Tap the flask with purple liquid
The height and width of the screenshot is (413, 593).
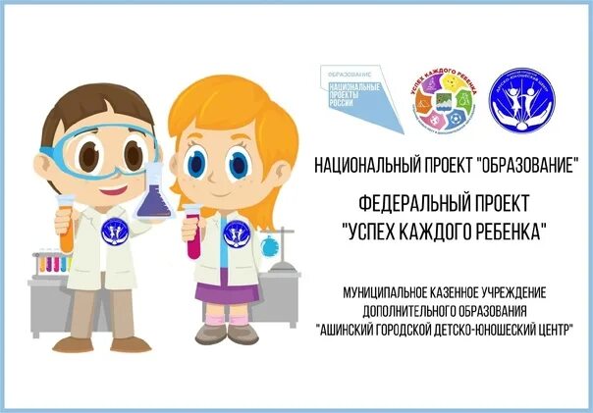tap(154, 196)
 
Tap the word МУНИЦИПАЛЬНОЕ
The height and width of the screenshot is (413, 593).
tap(384, 292)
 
